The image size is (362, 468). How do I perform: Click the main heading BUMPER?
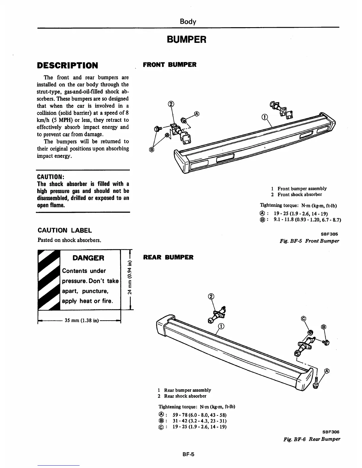(x=186, y=39)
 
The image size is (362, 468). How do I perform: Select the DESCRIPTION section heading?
(x=67, y=65)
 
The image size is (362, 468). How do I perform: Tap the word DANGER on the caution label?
(x=88, y=258)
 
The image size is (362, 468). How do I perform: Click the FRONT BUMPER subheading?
(x=169, y=65)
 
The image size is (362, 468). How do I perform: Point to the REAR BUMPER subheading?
(x=168, y=257)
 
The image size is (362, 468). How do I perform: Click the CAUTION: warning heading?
(x=51, y=177)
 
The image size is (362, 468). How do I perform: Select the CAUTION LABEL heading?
(x=65, y=230)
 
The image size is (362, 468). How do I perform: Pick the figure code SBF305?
(x=329, y=234)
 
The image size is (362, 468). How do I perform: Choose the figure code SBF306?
(x=331, y=432)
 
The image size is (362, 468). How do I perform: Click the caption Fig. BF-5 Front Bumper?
(x=309, y=241)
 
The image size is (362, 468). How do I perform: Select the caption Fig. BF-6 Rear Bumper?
(x=311, y=439)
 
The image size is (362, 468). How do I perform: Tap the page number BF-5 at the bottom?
(x=188, y=455)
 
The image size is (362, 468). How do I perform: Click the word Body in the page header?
(x=188, y=22)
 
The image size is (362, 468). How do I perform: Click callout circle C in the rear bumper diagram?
(x=303, y=318)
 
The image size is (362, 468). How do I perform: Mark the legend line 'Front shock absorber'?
(x=299, y=194)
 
